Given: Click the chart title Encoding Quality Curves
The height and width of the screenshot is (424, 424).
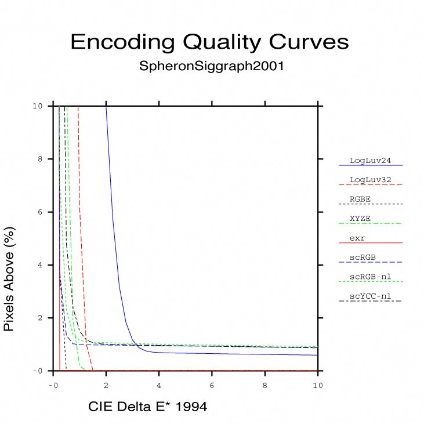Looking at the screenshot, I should click(x=209, y=42).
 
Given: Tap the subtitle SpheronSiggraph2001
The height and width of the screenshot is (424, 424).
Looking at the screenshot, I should click(x=211, y=66).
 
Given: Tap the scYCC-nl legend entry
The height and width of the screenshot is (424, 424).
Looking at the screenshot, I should click(x=369, y=296).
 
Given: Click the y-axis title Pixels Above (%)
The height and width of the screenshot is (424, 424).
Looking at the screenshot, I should click(x=9, y=279).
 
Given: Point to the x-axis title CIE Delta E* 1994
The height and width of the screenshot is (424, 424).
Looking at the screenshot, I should click(x=147, y=407).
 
